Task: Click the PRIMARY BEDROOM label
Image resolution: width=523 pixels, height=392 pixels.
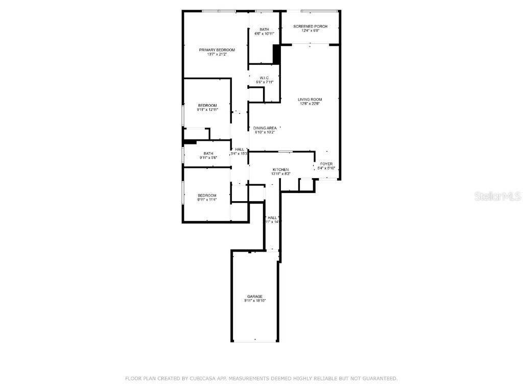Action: tap(217, 50)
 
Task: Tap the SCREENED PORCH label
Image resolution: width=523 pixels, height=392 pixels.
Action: tap(311, 26)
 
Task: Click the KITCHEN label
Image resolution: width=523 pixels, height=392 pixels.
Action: tap(280, 169)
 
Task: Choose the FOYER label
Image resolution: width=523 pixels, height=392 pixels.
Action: tap(326, 164)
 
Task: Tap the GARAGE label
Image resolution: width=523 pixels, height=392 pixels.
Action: tap(255, 297)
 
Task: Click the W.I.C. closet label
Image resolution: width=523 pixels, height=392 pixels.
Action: tap(264, 78)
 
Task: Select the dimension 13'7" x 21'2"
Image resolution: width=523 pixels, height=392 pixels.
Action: tap(217, 54)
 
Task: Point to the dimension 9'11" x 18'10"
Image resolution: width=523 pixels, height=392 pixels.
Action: tap(255, 301)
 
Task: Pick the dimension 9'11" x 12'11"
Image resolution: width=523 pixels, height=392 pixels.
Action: tap(207, 110)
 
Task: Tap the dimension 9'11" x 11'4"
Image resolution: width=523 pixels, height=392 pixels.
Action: tap(207, 200)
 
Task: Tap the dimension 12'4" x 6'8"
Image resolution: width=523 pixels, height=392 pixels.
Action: tap(311, 31)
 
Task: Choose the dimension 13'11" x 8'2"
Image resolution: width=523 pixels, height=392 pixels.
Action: tap(280, 174)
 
